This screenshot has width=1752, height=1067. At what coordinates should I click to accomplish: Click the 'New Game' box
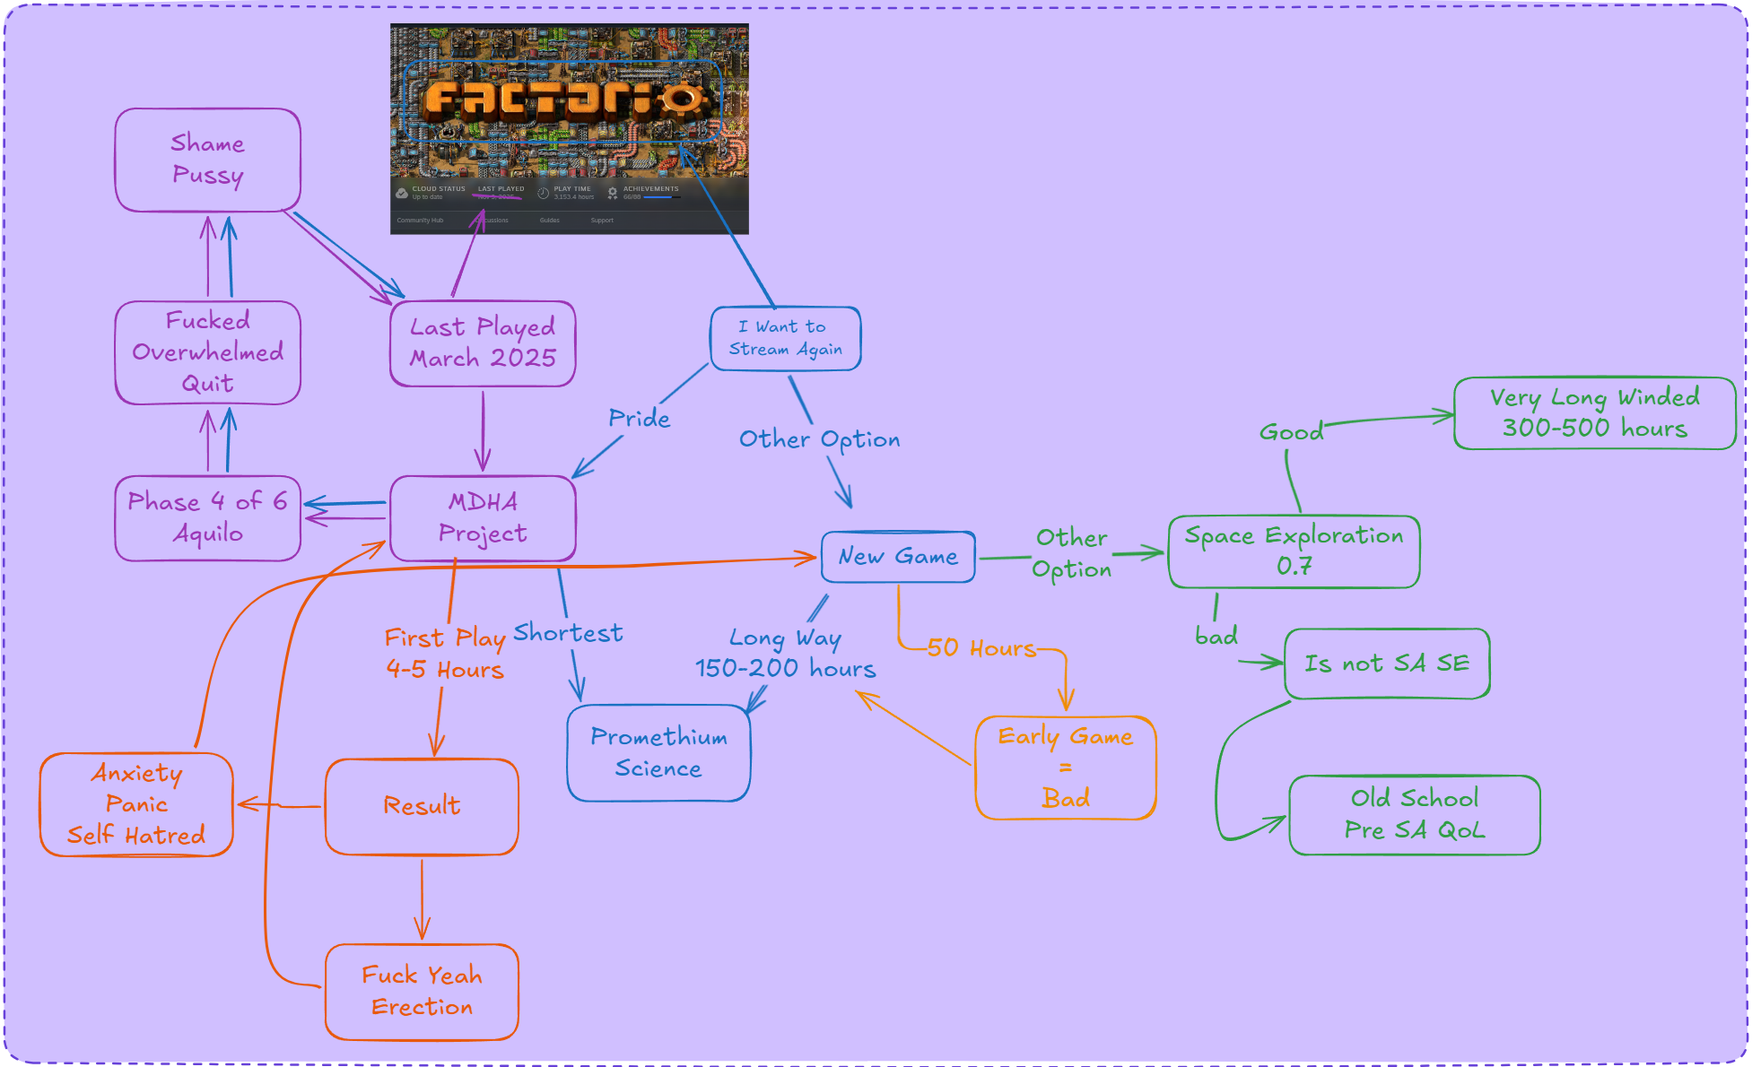tap(898, 557)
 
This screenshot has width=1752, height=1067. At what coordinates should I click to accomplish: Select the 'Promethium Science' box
tap(658, 753)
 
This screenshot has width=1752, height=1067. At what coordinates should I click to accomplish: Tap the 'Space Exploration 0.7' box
tap(1294, 551)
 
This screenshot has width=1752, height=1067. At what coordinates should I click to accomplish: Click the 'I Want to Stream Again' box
tap(785, 338)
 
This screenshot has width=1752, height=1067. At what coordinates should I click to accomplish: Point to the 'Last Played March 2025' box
tap(483, 343)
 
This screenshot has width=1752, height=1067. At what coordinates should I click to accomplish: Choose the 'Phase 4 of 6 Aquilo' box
tap(207, 518)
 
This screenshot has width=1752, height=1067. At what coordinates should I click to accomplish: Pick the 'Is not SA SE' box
tap(1387, 664)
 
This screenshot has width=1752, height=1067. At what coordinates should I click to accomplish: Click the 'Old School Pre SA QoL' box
tap(1414, 815)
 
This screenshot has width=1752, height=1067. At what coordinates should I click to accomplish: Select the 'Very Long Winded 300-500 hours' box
tap(1594, 413)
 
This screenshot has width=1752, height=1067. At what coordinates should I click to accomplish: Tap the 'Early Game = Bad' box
tap(1065, 768)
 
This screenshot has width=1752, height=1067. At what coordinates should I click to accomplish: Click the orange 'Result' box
tap(422, 806)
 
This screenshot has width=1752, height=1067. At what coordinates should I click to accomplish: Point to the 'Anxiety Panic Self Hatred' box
tap(136, 804)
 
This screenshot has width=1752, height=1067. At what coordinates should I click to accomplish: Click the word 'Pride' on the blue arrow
tap(639, 419)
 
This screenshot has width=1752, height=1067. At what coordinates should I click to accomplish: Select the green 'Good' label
tap(1291, 432)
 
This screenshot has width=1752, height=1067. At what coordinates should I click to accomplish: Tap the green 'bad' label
tap(1216, 637)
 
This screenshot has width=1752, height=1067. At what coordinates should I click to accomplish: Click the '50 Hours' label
tap(981, 648)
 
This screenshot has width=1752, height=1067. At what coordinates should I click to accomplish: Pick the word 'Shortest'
tap(568, 633)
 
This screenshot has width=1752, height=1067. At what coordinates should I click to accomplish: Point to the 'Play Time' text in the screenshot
tap(572, 189)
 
